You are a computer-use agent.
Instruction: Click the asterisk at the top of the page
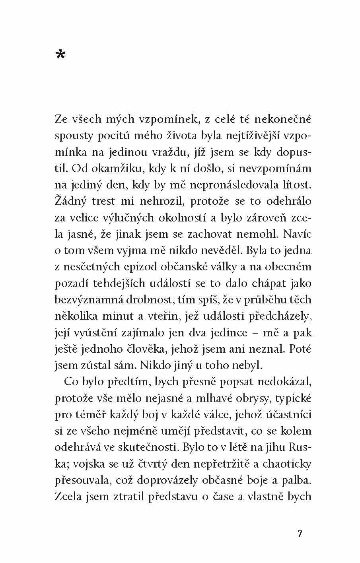tap(60, 54)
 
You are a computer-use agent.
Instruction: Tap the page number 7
tap(300, 534)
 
